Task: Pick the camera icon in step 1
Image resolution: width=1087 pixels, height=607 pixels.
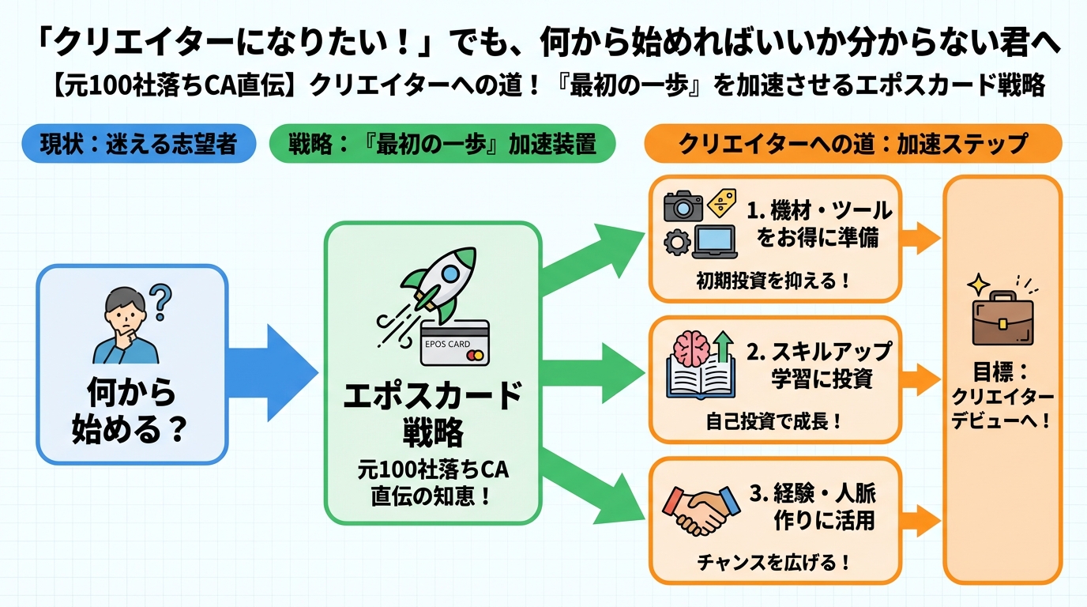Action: [683, 205]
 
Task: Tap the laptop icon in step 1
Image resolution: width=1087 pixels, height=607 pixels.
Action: [715, 241]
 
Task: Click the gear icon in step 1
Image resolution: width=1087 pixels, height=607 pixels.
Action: [677, 243]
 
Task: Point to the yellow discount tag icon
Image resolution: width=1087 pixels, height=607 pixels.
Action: [720, 205]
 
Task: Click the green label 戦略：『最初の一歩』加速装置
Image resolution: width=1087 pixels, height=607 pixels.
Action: [442, 145]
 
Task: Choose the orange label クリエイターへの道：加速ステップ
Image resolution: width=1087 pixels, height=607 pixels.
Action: [853, 144]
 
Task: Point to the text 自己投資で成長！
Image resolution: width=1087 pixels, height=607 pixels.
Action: [773, 421]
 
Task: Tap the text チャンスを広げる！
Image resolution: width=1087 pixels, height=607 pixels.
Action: [773, 563]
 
